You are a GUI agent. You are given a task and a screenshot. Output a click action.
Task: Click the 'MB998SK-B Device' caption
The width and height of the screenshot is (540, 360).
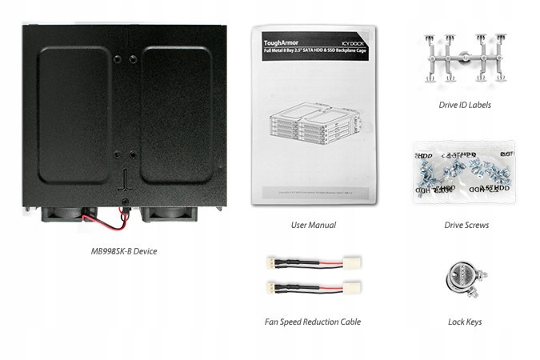[x=123, y=251]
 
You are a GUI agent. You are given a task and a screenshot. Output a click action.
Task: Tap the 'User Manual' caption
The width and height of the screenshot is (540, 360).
[x=313, y=225]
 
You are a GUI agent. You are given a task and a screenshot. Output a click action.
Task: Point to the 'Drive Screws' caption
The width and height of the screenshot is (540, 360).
[x=466, y=225]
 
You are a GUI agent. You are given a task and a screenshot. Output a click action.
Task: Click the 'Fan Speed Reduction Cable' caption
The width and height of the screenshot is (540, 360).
[x=313, y=322]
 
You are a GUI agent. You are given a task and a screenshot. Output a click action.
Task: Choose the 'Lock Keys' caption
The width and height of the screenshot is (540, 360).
[x=465, y=322]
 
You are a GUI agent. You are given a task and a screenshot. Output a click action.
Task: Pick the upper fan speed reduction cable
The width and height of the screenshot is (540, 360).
[x=312, y=263]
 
